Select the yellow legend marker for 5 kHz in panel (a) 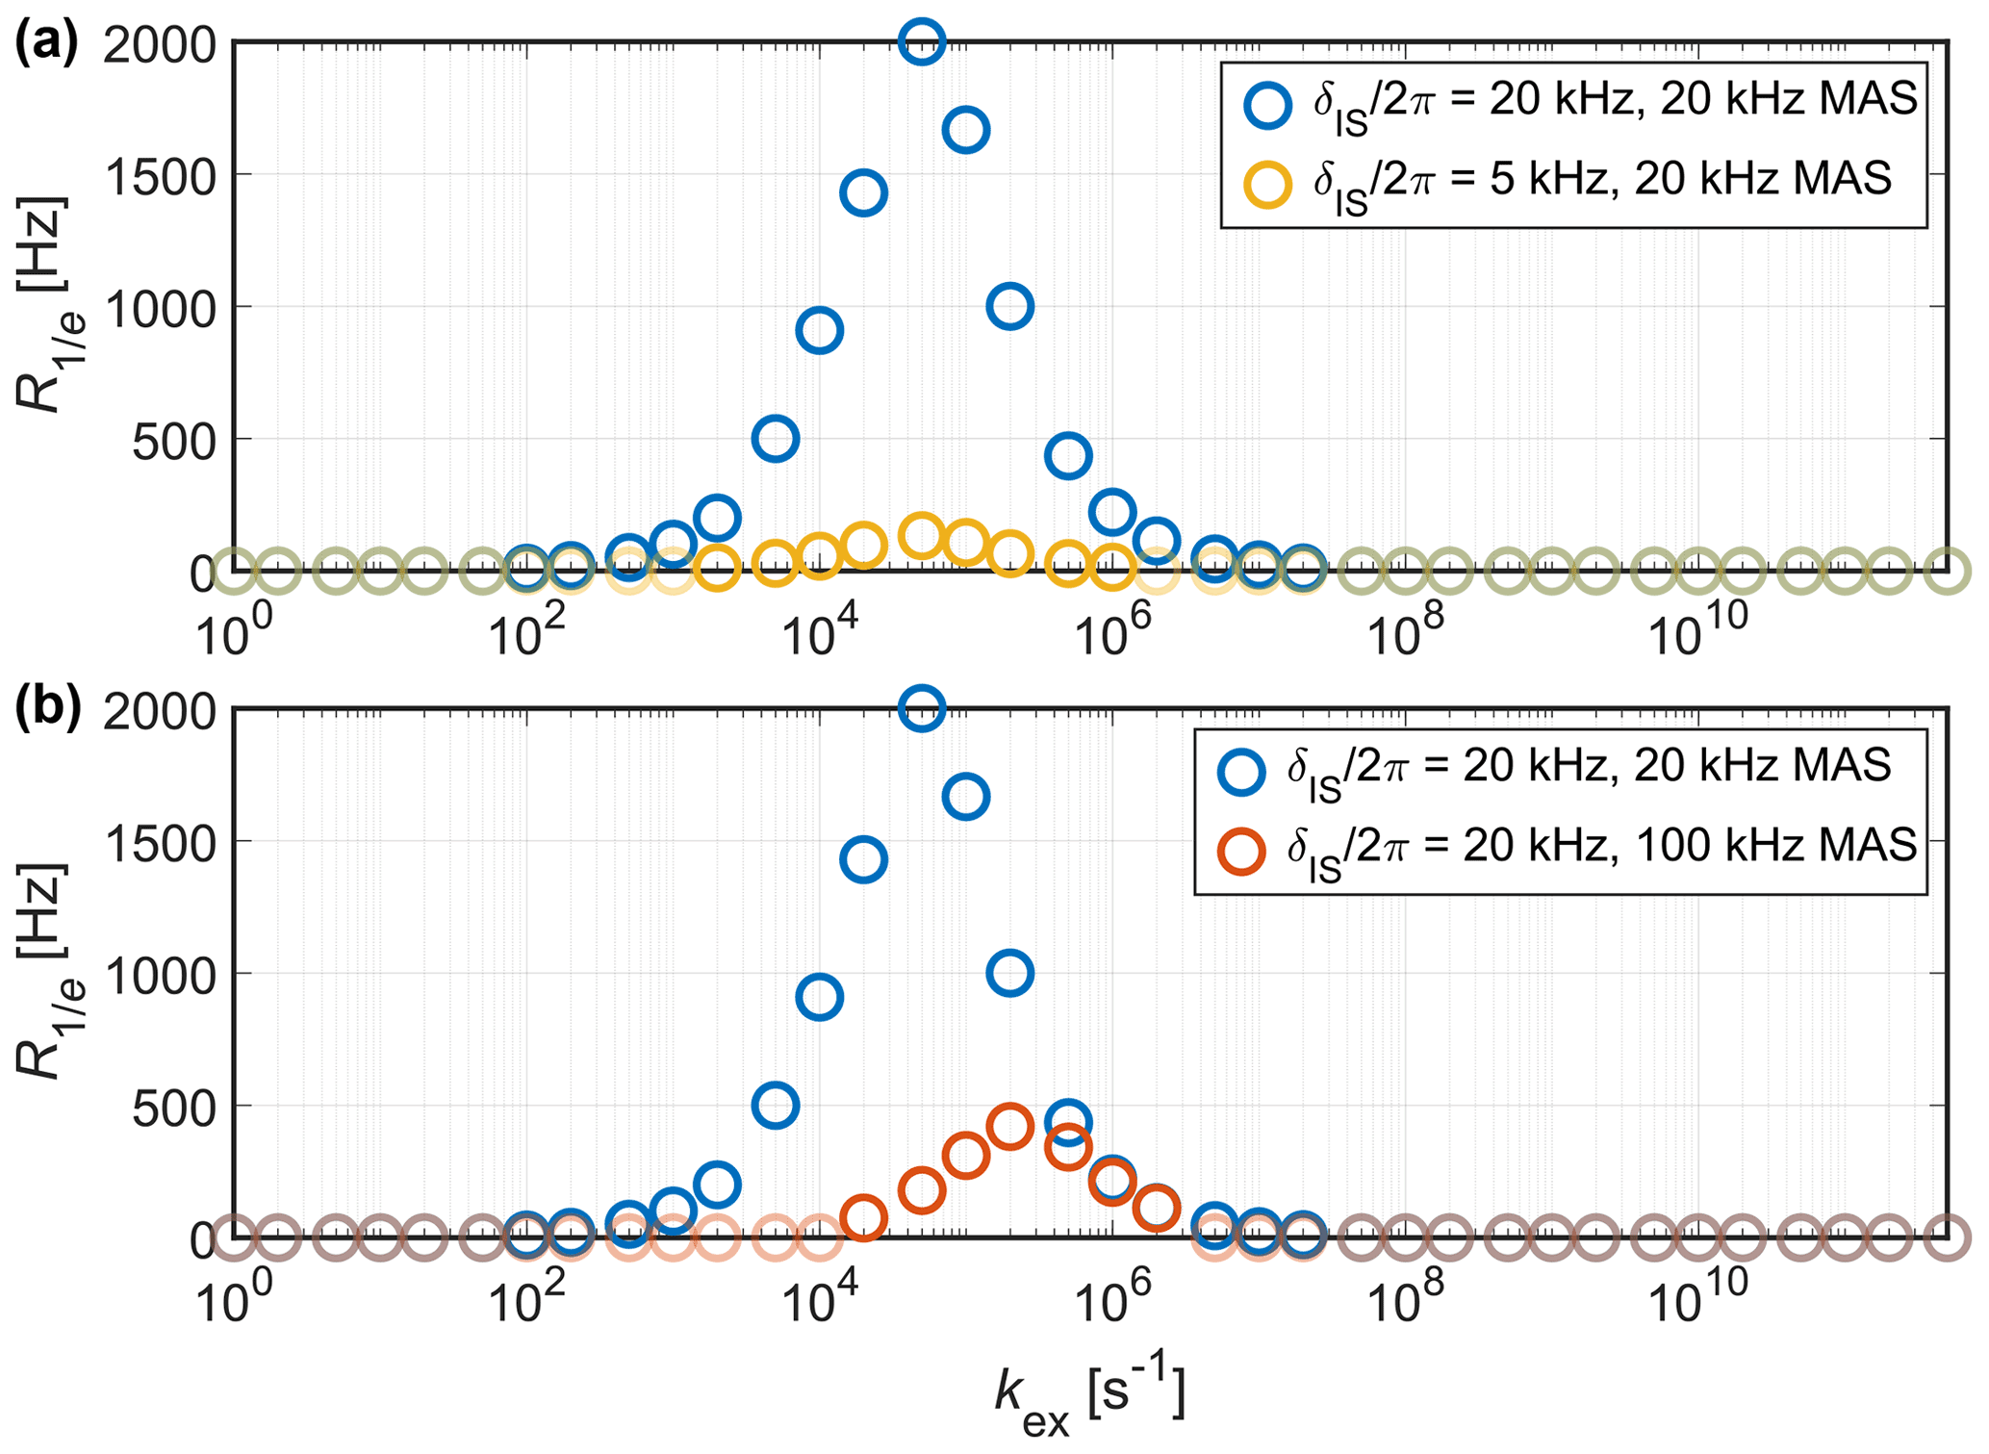pos(1267,183)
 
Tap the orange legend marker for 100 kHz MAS pos(1241,851)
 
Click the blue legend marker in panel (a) pos(1267,103)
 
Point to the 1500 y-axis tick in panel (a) pos(159,175)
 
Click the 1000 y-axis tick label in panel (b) pos(159,975)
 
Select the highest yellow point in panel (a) pos(921,535)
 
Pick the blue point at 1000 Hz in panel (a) pos(1009,306)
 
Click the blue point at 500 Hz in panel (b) pos(776,1105)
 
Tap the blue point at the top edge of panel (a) pos(921,41)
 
